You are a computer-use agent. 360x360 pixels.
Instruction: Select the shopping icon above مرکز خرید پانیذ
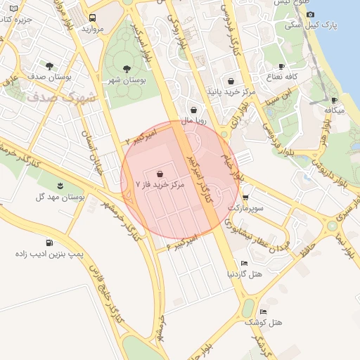pos(231,81)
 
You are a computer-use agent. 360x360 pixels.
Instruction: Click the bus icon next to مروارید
pos(93,18)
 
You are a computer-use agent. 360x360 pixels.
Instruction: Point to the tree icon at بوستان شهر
pos(127,69)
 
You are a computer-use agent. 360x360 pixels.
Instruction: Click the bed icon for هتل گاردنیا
pos(244,263)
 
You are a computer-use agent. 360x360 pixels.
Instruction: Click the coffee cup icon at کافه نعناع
pos(281,66)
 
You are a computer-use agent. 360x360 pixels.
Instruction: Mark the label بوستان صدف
pos(48,76)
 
